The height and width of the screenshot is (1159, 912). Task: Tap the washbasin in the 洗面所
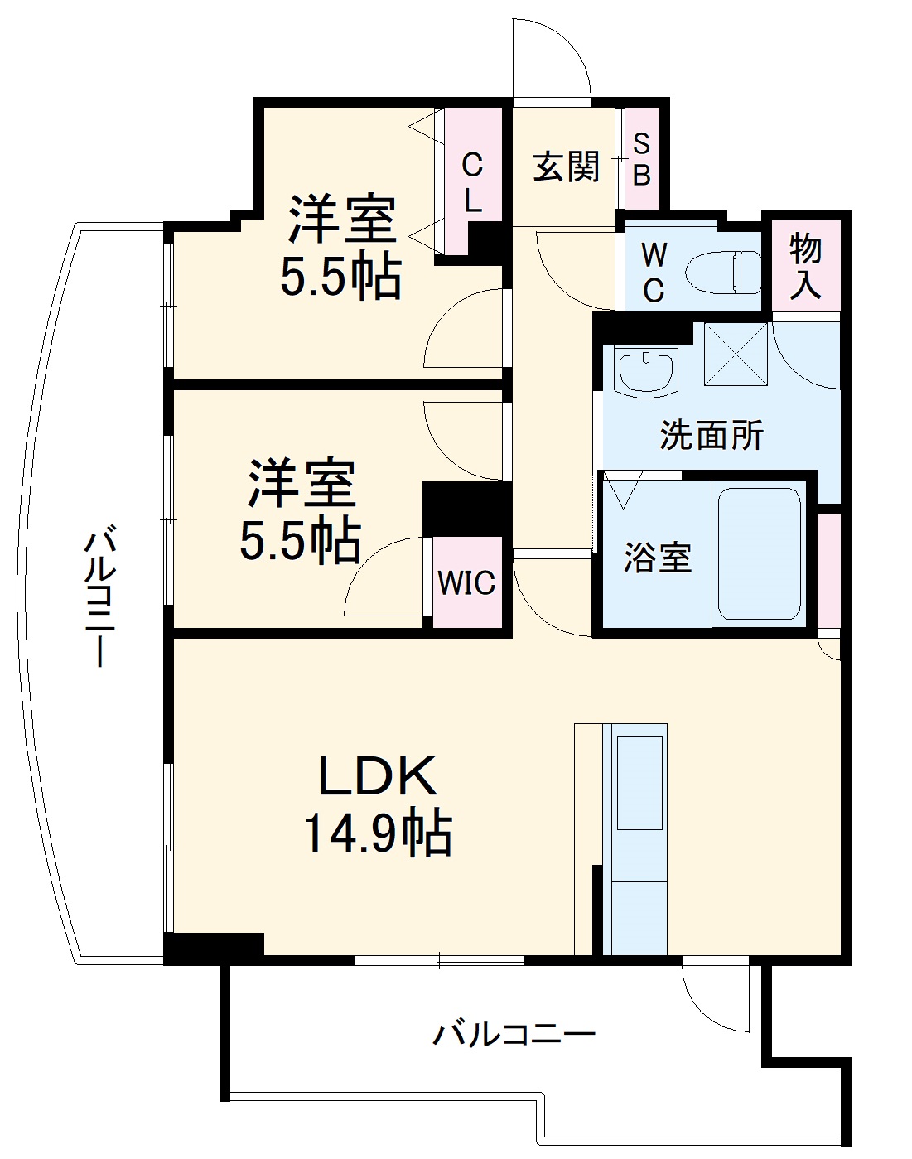click(x=647, y=370)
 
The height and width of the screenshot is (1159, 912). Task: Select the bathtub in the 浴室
click(x=759, y=553)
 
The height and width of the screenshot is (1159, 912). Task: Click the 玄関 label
click(x=566, y=167)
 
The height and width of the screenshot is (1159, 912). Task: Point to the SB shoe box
click(x=642, y=159)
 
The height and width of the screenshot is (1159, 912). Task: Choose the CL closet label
click(x=472, y=182)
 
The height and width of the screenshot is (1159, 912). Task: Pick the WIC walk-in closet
click(x=466, y=582)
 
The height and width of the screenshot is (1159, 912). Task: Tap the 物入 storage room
click(x=805, y=265)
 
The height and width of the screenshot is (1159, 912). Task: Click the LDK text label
click(x=378, y=775)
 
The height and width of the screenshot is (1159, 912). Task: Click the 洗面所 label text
click(x=712, y=435)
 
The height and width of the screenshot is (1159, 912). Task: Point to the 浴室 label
click(x=657, y=557)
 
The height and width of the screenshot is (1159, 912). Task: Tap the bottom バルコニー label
click(x=514, y=1034)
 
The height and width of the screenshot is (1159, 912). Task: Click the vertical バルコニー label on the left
click(x=99, y=596)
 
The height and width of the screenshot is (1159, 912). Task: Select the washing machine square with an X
click(x=736, y=354)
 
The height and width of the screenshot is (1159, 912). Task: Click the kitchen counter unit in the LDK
click(x=639, y=837)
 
